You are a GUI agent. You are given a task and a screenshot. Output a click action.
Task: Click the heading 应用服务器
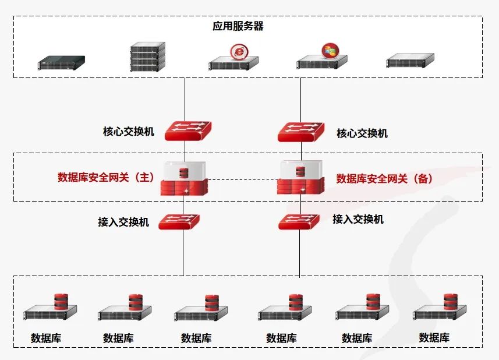[x=238, y=26]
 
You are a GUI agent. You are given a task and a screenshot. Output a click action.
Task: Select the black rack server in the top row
[x=61, y=62]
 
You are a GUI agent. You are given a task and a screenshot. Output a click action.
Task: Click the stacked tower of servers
[x=147, y=57]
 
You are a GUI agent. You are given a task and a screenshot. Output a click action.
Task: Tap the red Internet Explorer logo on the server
[x=238, y=51]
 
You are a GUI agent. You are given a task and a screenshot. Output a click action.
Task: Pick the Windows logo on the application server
[x=330, y=50]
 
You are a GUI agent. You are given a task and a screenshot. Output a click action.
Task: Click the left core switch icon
[x=187, y=131]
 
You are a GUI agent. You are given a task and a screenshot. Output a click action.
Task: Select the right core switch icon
[x=301, y=131]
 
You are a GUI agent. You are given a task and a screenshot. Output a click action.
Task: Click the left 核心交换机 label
[x=128, y=132]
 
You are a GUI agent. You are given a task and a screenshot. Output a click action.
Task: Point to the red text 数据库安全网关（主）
[x=106, y=178]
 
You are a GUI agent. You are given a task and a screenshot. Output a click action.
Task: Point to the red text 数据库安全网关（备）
[x=385, y=179]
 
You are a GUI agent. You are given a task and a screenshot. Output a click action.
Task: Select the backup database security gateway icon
[x=300, y=178]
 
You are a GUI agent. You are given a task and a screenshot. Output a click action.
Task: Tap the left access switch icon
[x=179, y=221]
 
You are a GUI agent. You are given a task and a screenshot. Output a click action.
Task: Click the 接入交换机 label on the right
[x=358, y=220]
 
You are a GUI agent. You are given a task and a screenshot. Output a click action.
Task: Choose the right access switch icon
[x=299, y=221]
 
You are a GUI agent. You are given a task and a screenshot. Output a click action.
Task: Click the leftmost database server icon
[x=51, y=310]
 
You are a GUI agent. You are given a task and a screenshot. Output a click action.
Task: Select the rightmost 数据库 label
[x=434, y=338]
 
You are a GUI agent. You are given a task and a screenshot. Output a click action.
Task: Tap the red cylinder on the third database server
[x=212, y=303]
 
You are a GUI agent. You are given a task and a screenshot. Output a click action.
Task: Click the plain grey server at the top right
[x=410, y=61]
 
